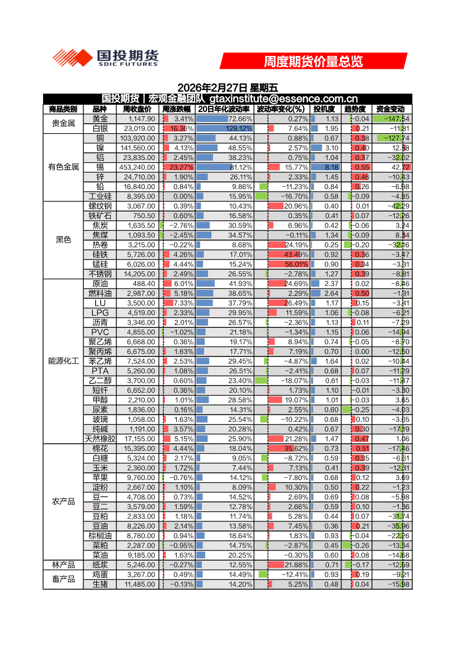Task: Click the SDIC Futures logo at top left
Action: point(105,58)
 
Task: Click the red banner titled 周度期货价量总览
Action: point(313,61)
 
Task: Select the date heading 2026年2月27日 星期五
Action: point(228,88)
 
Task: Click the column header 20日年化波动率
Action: point(224,109)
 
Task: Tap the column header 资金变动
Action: point(390,109)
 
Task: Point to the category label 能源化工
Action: point(63,361)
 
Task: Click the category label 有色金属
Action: point(63,167)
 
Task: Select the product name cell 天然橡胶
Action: point(100,439)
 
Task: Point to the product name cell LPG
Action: point(100,313)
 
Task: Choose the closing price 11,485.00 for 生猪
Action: point(139,584)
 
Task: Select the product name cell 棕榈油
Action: point(100,536)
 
